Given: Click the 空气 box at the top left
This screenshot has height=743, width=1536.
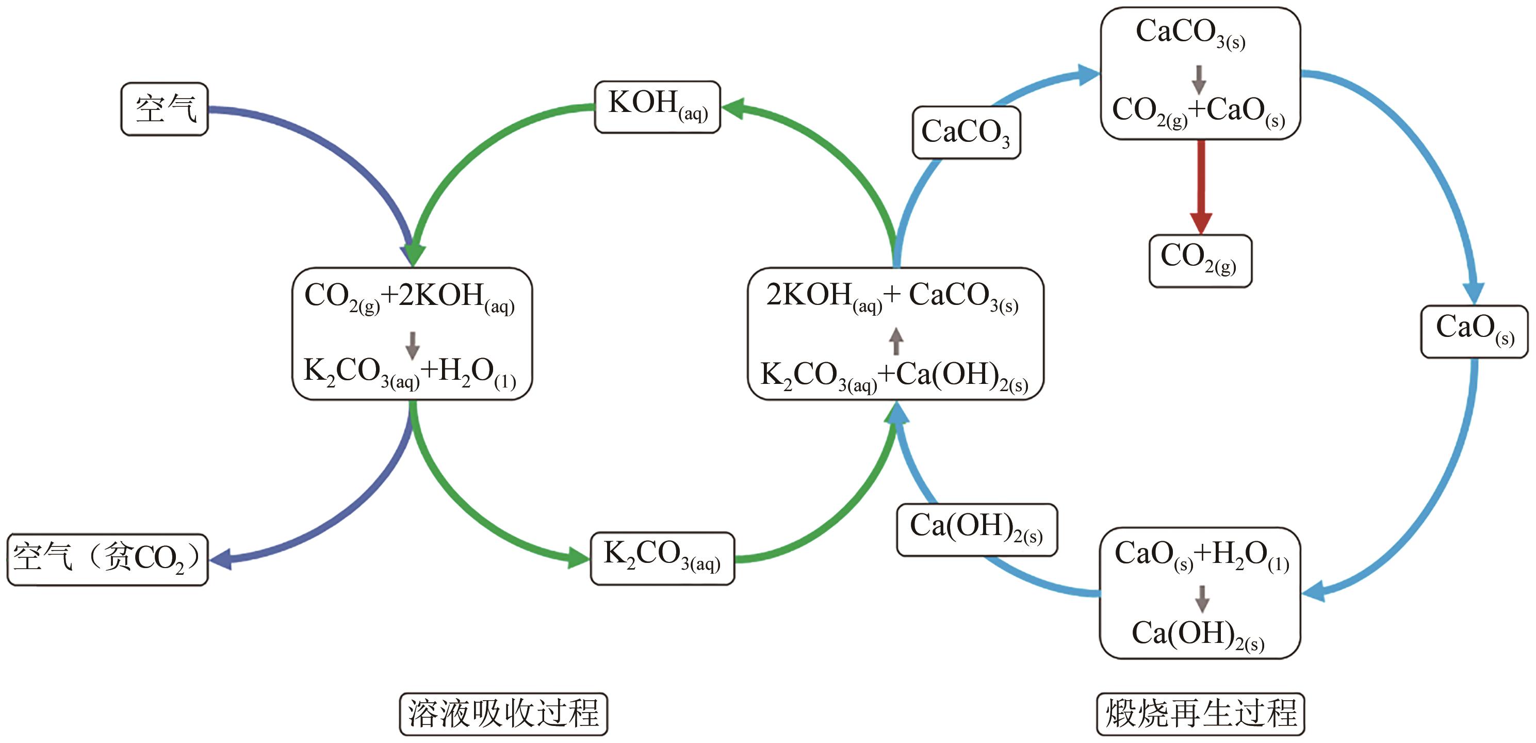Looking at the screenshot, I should [x=165, y=109].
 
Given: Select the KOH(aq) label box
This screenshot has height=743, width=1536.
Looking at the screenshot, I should [x=657, y=107].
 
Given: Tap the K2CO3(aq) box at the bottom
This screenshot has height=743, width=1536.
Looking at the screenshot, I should [x=662, y=558].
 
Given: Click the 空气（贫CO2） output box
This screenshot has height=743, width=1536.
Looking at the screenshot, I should [x=107, y=559].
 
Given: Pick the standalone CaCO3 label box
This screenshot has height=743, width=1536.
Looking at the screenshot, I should [x=966, y=133].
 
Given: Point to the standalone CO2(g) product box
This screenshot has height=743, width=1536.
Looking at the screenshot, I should [x=1200, y=261].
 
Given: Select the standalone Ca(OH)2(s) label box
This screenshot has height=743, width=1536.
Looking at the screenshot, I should [x=977, y=529].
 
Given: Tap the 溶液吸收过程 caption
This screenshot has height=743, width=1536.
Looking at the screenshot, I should [x=503, y=714].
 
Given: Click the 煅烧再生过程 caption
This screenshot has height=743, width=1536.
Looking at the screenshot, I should [x=1200, y=714].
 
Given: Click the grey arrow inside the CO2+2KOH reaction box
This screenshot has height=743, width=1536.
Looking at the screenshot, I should [x=412, y=345].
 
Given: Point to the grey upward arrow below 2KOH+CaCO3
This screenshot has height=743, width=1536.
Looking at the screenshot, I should [x=895, y=342].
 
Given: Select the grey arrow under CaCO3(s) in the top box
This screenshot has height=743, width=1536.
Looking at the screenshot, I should [x=1199, y=80].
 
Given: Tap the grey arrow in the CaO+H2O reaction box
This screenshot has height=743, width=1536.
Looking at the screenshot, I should [x=1202, y=599].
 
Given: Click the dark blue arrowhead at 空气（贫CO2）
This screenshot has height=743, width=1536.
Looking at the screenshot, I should [x=221, y=559].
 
